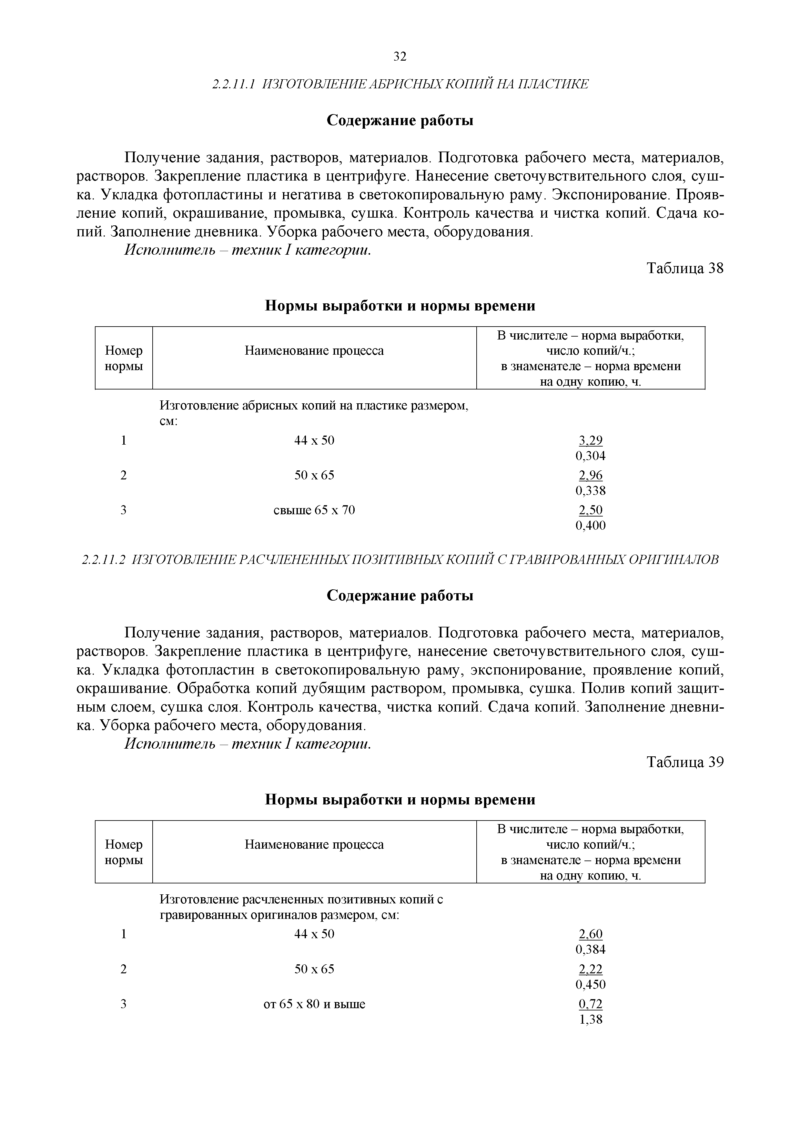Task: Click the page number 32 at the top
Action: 400,57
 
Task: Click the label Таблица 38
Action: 685,269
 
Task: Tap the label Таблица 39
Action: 685,762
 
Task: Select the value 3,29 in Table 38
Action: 591,440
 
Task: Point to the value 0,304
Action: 591,456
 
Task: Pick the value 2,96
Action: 591,475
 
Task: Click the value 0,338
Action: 591,491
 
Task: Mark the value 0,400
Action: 591,526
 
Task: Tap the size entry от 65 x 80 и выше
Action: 314,1004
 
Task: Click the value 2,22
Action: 591,969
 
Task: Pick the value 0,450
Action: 591,985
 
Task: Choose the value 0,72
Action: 591,1004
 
